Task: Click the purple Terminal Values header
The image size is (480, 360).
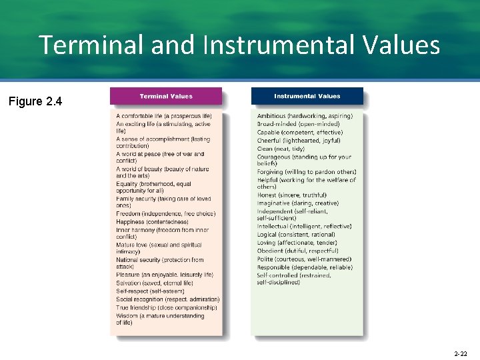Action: tap(165, 96)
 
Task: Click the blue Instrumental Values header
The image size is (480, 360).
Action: tap(307, 96)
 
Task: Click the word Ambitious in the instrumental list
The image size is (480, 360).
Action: tap(271, 116)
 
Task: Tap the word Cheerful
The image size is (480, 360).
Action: tap(269, 141)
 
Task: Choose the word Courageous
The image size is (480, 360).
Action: tap(274, 157)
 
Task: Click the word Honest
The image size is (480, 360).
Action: tap(267, 195)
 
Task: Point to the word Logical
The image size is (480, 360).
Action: tap(267, 234)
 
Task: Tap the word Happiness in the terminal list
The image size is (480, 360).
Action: tap(131, 222)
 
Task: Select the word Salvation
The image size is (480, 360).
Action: tap(129, 283)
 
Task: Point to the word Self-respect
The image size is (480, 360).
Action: tap(132, 291)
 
